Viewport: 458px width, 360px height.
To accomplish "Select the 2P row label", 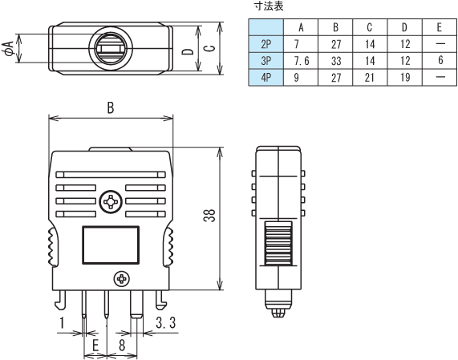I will point(266,43).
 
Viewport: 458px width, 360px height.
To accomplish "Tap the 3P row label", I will point(266,60).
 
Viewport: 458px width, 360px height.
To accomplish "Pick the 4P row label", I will point(266,77).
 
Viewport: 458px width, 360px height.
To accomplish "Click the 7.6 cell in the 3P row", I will point(302,60).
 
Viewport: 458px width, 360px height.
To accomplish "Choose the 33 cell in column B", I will point(337,60).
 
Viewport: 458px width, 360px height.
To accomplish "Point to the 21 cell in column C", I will point(371,77).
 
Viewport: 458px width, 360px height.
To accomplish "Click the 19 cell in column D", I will point(405,77).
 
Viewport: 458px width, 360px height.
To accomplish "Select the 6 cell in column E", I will point(440,60).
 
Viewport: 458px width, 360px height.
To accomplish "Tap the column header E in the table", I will point(440,26).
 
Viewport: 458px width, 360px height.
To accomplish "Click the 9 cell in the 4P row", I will point(302,77).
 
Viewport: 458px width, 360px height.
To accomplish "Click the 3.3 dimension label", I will point(166,322).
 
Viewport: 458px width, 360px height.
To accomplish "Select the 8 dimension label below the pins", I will point(121,346).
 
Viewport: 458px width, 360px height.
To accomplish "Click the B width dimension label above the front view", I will point(110,108).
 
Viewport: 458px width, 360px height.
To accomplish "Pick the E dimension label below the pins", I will point(95,346).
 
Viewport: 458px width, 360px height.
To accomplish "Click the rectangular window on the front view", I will point(111,245).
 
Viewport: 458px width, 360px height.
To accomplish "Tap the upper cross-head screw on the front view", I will point(110,201).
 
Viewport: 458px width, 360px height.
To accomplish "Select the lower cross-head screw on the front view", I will point(122,279).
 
